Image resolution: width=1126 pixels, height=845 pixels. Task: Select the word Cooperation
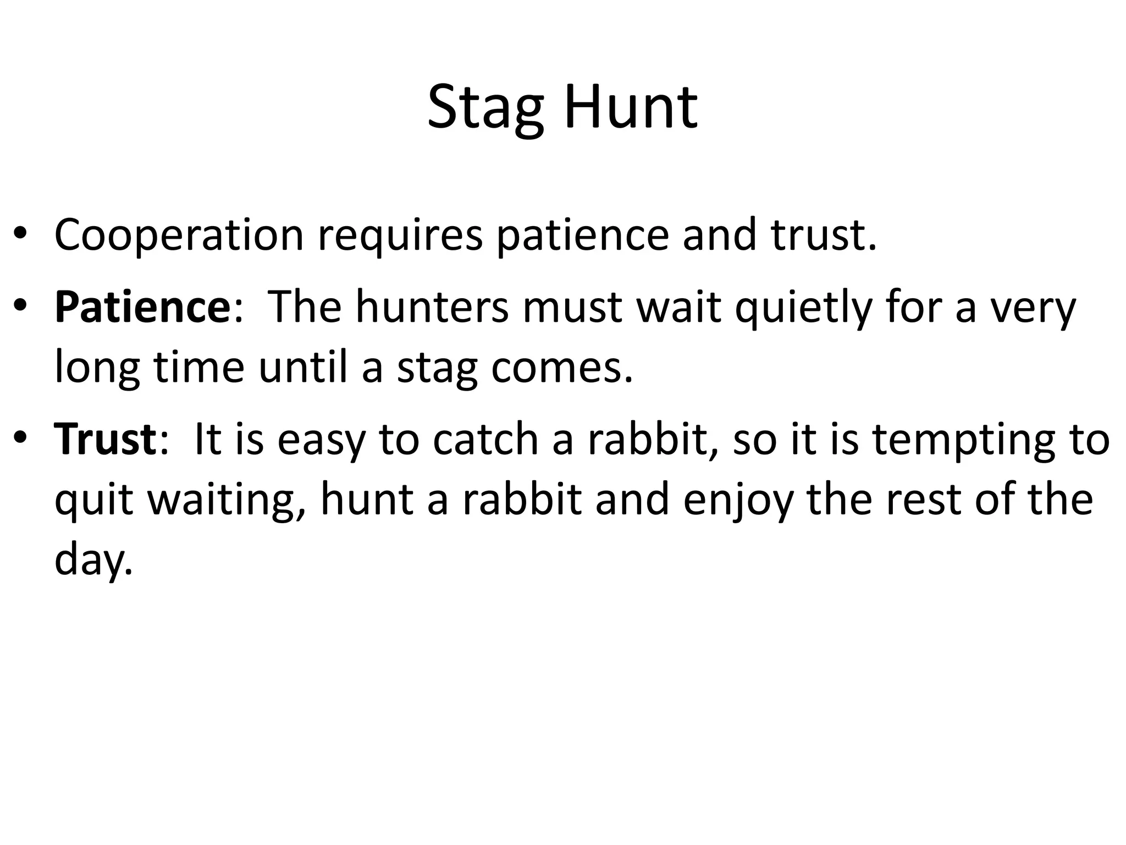click(x=179, y=235)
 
